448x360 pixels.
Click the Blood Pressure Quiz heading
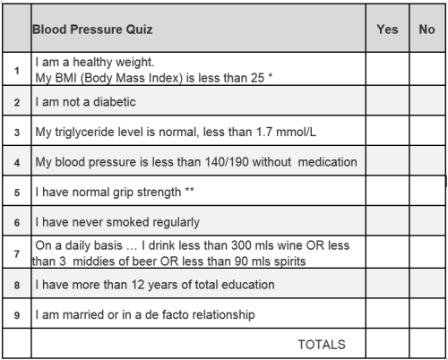[x=92, y=30]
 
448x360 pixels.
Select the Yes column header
[x=387, y=30]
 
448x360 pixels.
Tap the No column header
[x=426, y=30]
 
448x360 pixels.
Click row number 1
[x=17, y=71]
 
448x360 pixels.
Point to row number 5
[x=17, y=193]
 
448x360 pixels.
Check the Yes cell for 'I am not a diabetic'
[x=387, y=100]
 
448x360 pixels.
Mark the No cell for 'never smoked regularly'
[x=427, y=221]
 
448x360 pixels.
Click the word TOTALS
[x=322, y=345]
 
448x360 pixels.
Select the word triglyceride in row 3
[x=99, y=133]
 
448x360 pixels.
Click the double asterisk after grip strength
[x=189, y=189]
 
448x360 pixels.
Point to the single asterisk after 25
[x=270, y=75]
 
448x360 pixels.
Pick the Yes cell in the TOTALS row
[x=387, y=343]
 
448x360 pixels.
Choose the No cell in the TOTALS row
[x=427, y=343]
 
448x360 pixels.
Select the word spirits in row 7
[x=290, y=261]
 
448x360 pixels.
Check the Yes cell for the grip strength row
[x=387, y=191]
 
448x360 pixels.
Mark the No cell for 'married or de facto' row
[x=427, y=313]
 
